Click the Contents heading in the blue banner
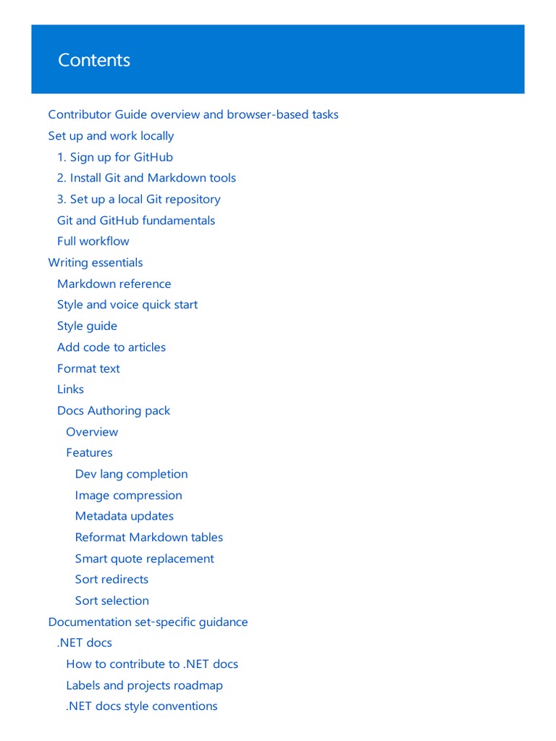coord(94,60)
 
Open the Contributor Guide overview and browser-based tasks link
coord(193,114)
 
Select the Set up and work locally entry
coord(111,136)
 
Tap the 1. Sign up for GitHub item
coord(115,157)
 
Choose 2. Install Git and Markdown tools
coord(146,178)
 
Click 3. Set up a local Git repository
coord(139,199)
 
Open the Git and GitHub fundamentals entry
coord(136,220)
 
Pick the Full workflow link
coord(93,241)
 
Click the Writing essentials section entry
coord(96,263)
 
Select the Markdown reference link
coord(114,284)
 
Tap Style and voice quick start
coord(127,305)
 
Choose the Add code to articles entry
coord(111,347)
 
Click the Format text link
coord(88,368)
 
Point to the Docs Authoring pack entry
coord(114,410)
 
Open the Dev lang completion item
coord(131,474)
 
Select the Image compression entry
coord(128,495)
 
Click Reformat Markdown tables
coord(149,537)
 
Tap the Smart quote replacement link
coord(145,559)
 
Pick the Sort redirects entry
coord(111,580)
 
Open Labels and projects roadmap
coord(144,685)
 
